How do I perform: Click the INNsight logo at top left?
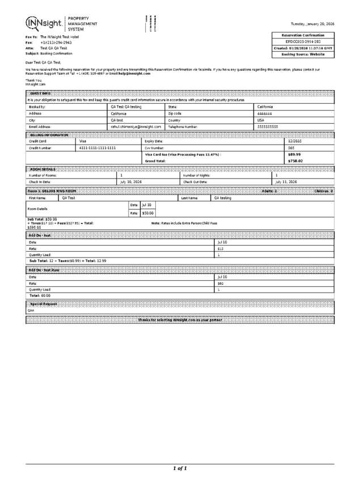[44, 23]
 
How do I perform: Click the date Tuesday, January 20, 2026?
[312, 24]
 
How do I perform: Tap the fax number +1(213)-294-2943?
[56, 42]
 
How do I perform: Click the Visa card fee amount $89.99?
[294, 154]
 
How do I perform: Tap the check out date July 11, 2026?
[286, 182]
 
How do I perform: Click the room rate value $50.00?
[147, 213]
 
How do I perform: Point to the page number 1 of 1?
[180, 468]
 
